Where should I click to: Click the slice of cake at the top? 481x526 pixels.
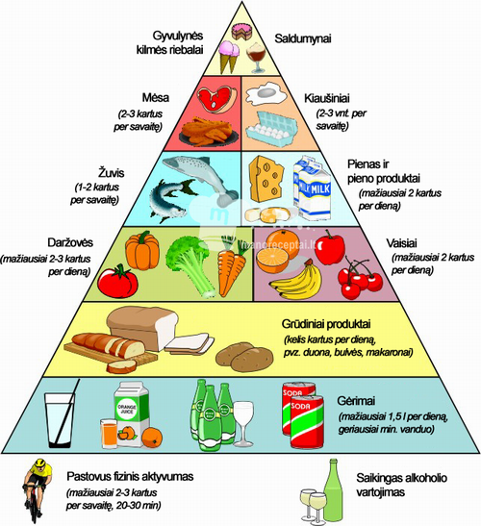241,31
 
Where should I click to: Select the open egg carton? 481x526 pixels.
272,129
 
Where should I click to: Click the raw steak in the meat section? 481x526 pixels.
216,98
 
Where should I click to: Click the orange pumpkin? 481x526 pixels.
142,248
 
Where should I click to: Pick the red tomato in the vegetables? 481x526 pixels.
117,281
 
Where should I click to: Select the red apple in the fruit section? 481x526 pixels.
329,247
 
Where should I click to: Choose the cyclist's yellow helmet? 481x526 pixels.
40,463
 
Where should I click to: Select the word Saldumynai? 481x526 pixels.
303,38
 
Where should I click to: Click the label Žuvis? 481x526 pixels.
111,173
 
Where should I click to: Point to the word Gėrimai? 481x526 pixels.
356,401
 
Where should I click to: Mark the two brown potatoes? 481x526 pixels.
244,357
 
